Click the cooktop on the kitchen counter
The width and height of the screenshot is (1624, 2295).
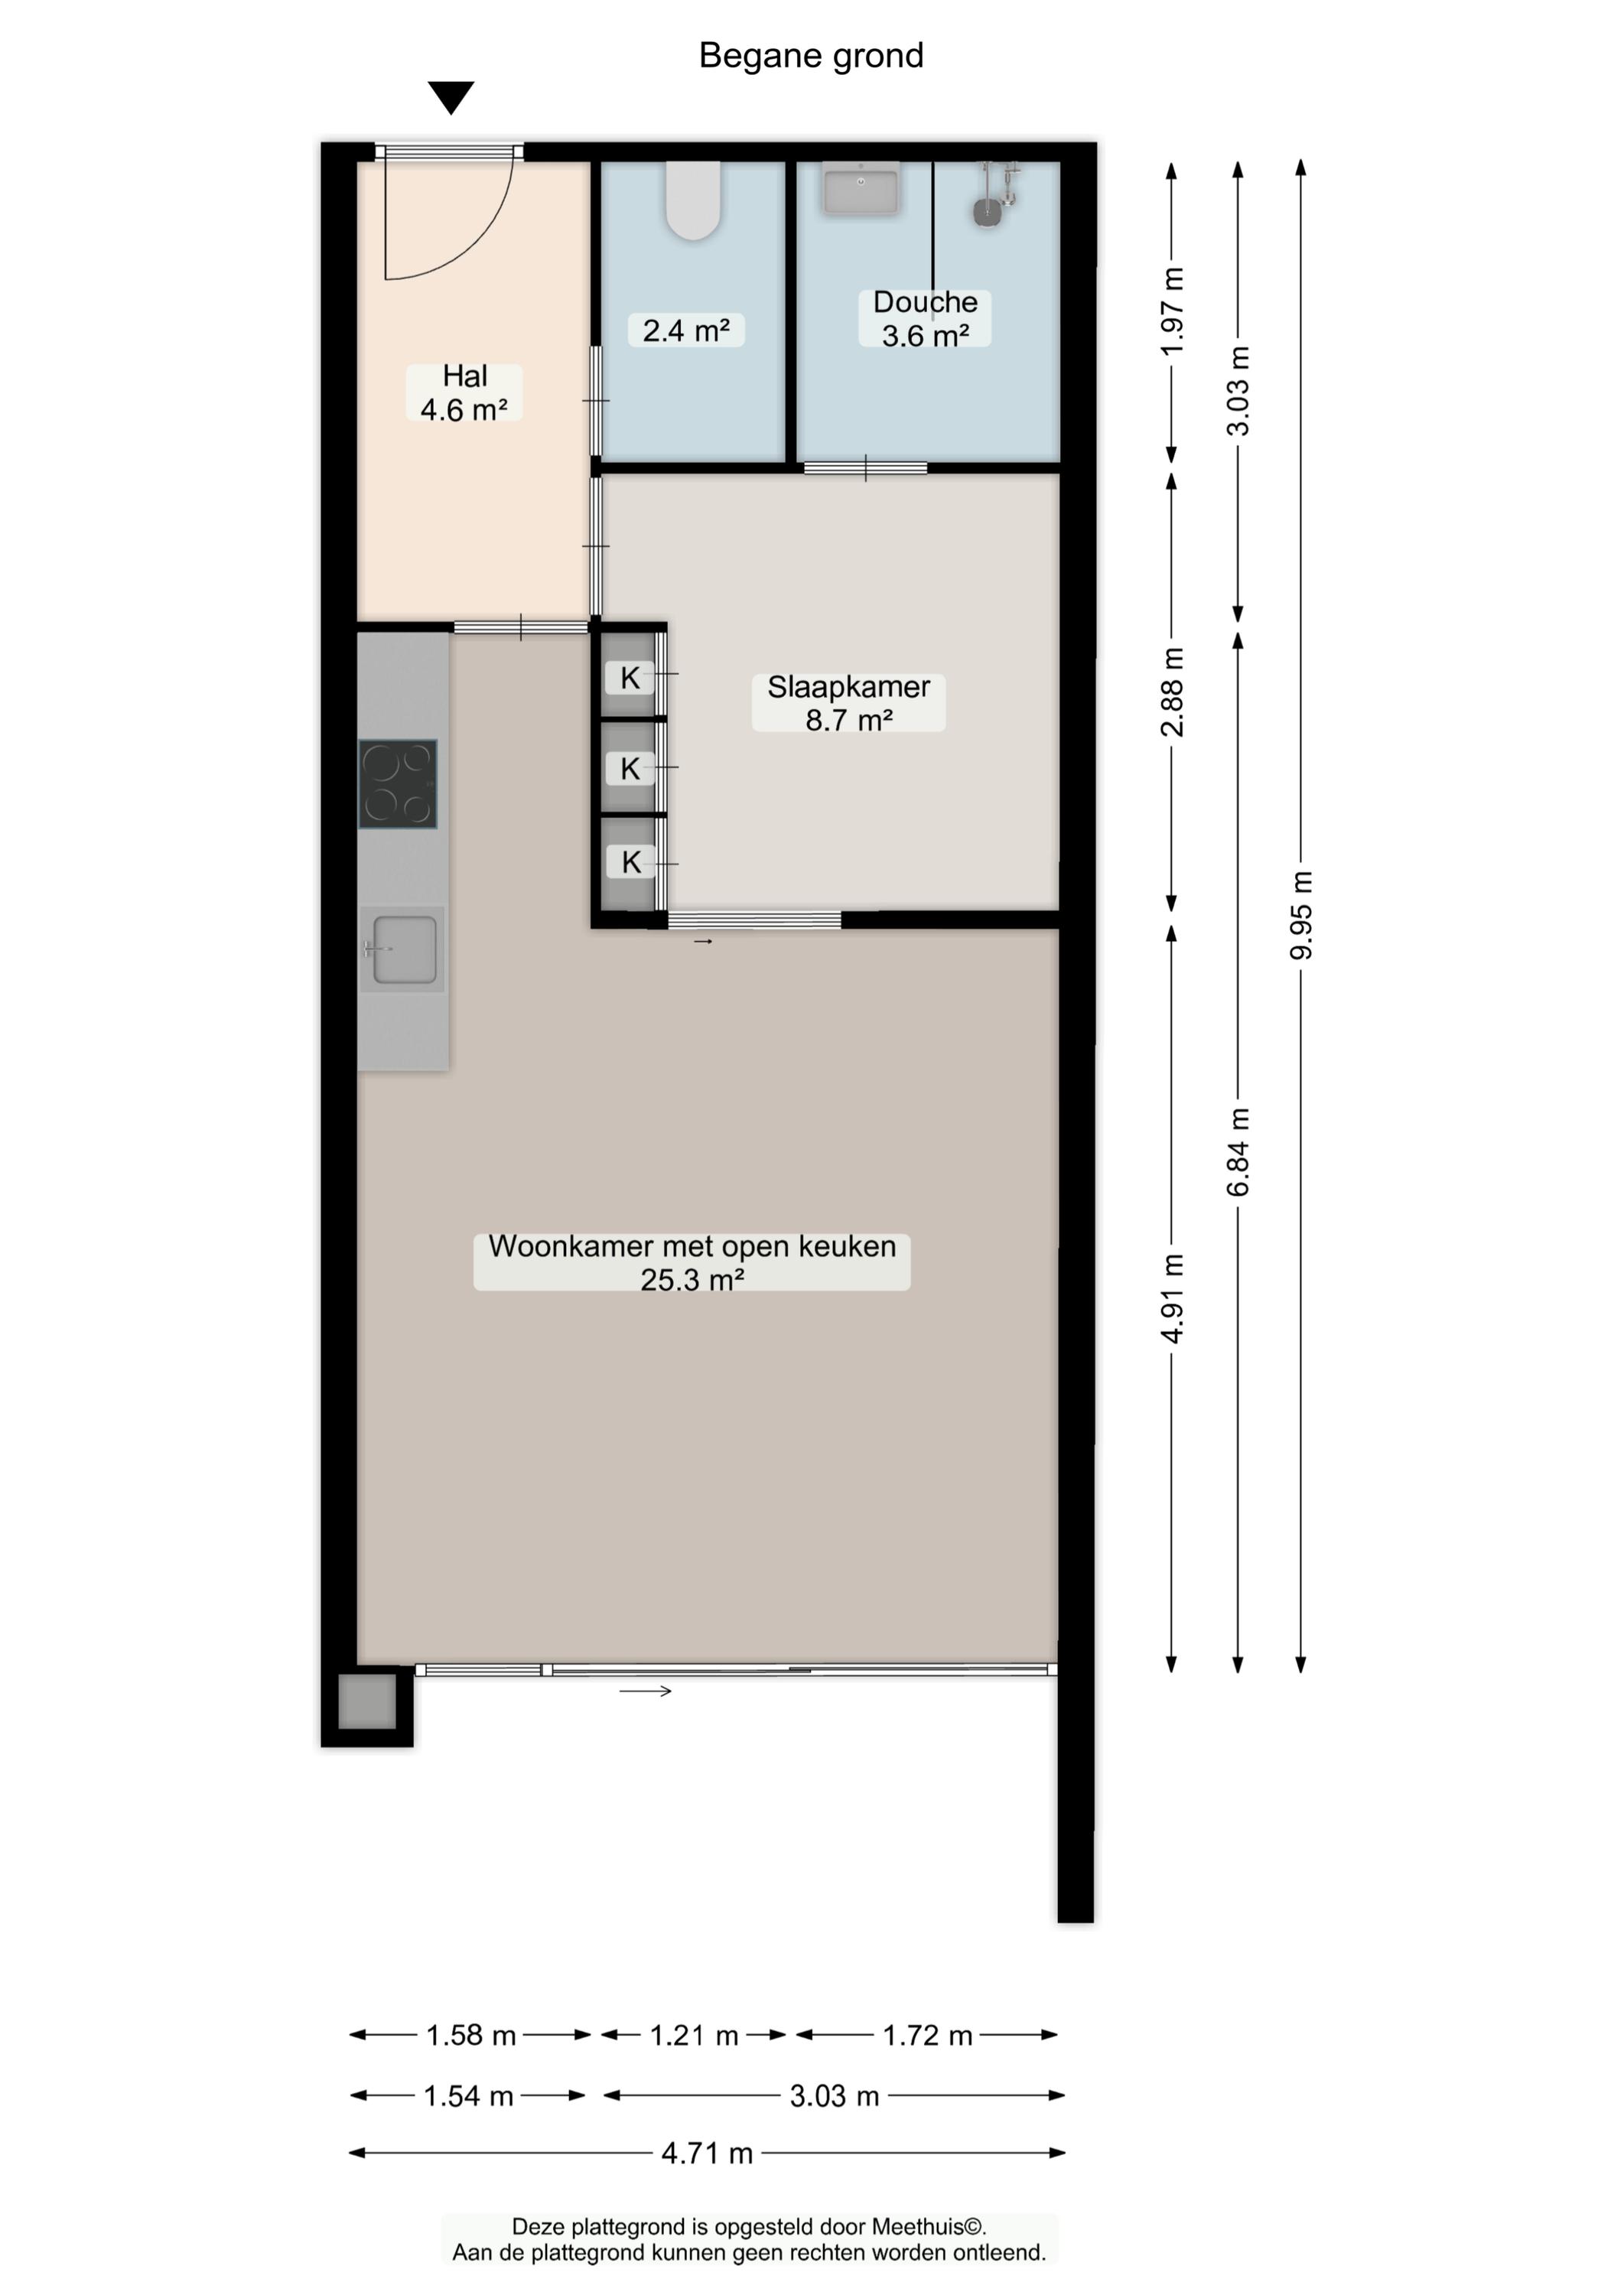pyautogui.click(x=398, y=784)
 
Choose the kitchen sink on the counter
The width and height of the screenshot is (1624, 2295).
pyautogui.click(x=403, y=949)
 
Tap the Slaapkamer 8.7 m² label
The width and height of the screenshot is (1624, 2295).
pyautogui.click(x=848, y=703)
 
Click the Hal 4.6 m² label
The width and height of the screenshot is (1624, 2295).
pyautogui.click(x=464, y=392)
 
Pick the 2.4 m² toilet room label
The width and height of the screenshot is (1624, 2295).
pyautogui.click(x=686, y=330)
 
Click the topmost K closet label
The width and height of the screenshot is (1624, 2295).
pyautogui.click(x=630, y=678)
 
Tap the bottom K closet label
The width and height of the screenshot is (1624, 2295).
pyautogui.click(x=630, y=862)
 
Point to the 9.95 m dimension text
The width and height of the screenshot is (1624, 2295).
pyautogui.click(x=1301, y=915)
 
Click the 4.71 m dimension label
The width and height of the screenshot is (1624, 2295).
pyautogui.click(x=707, y=2153)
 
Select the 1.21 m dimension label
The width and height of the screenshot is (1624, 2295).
pyautogui.click(x=694, y=2035)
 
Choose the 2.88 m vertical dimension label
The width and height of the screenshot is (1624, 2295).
pyautogui.click(x=1172, y=692)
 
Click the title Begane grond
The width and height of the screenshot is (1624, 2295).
pyautogui.click(x=811, y=55)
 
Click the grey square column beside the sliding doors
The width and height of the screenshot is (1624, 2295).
pyautogui.click(x=367, y=1702)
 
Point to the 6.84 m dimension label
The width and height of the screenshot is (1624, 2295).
pyautogui.click(x=1238, y=1152)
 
